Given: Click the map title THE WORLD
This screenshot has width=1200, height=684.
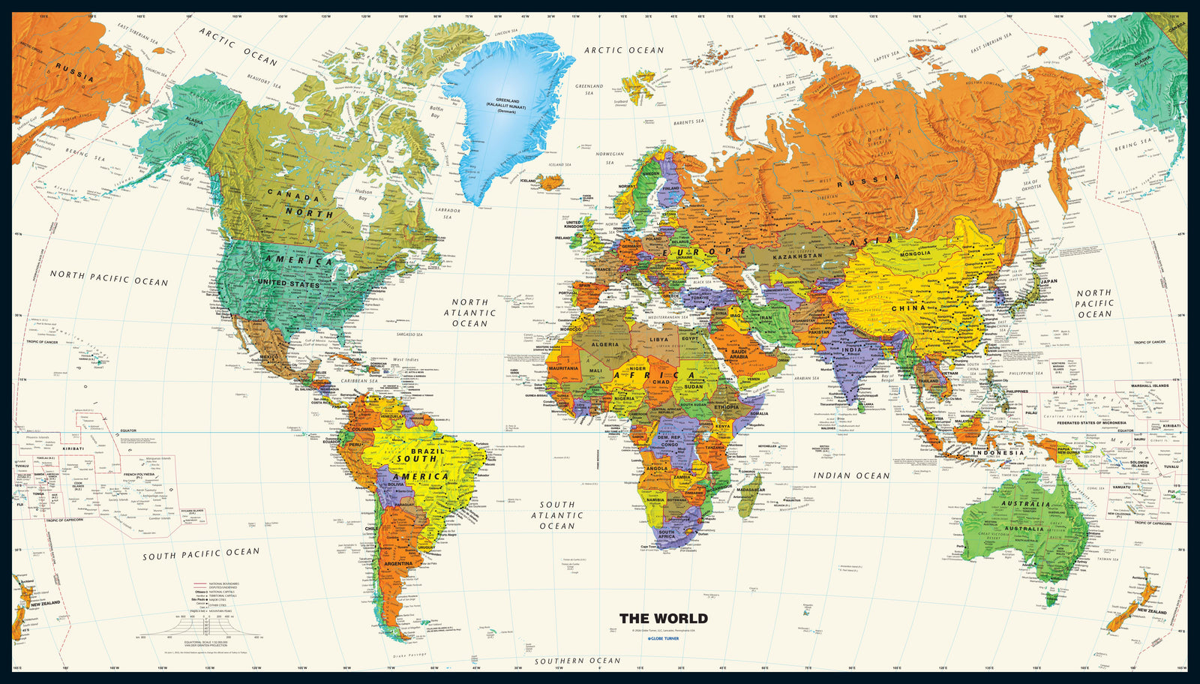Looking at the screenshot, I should [663, 619].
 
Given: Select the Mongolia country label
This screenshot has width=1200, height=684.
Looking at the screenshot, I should [916, 253].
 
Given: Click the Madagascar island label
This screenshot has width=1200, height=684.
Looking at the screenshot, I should [750, 490].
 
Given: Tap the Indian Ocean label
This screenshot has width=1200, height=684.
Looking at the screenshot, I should [852, 475].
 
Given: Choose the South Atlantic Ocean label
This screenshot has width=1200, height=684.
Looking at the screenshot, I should [557, 515].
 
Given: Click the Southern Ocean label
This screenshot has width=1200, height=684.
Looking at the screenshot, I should [577, 661].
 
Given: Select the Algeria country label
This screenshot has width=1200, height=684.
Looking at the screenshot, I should [606, 344].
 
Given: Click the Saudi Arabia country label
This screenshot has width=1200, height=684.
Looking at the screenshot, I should [739, 353].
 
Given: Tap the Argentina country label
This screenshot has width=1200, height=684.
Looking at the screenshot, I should [397, 563].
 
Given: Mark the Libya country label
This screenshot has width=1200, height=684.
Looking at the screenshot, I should [658, 339].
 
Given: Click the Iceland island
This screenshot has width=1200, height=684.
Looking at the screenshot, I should [551, 182].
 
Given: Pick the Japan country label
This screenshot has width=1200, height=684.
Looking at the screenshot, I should [1048, 281].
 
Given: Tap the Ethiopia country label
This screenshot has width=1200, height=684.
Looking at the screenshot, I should [726, 407].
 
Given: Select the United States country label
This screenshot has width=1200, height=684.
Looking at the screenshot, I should [289, 283].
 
